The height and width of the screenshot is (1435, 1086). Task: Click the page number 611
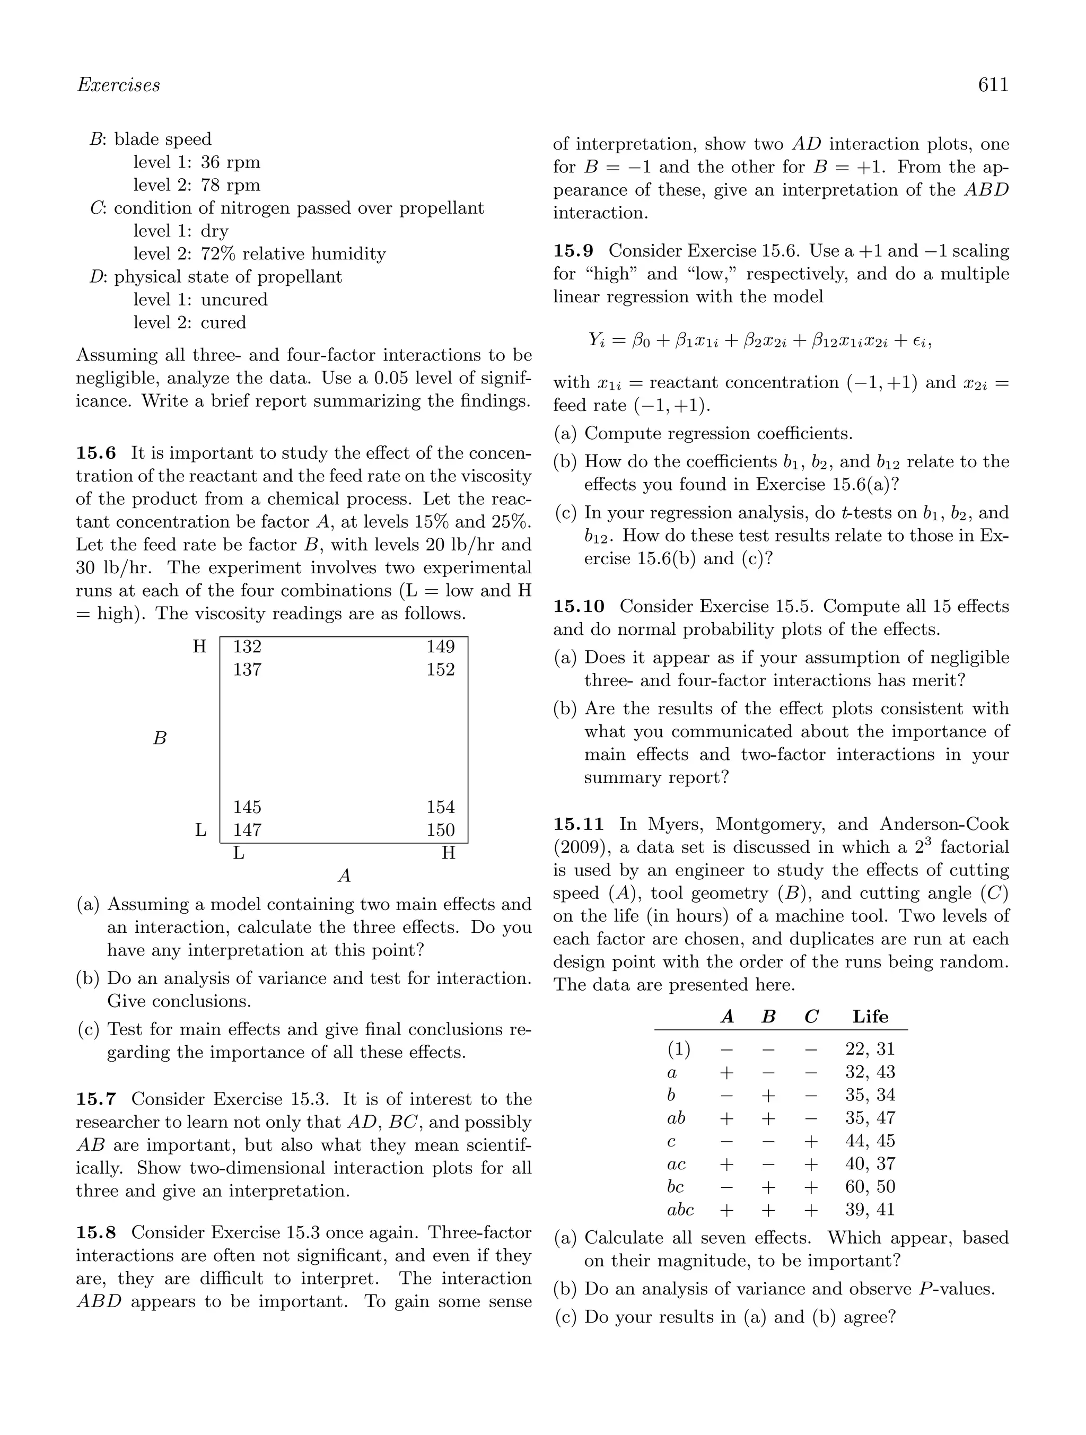click(993, 85)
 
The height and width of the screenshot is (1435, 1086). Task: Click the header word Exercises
click(118, 85)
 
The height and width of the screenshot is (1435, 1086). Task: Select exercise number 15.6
click(95, 453)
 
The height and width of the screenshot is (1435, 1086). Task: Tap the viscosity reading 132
click(247, 647)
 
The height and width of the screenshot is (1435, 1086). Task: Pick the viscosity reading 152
click(441, 669)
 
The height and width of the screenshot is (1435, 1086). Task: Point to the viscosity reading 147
click(247, 830)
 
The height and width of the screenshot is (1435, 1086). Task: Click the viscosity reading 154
click(441, 807)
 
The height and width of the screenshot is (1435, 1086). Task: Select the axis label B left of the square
click(160, 738)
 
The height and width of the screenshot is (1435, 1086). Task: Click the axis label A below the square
click(345, 877)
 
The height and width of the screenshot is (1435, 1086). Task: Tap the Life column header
click(870, 1017)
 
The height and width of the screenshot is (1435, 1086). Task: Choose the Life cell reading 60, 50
click(870, 1186)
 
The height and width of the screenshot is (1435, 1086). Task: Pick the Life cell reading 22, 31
click(870, 1049)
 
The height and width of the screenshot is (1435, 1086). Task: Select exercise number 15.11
click(578, 825)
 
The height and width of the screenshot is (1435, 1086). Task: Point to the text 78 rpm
click(230, 185)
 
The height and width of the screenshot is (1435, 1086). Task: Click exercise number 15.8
click(95, 1232)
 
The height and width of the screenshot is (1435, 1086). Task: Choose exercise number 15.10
click(578, 607)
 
